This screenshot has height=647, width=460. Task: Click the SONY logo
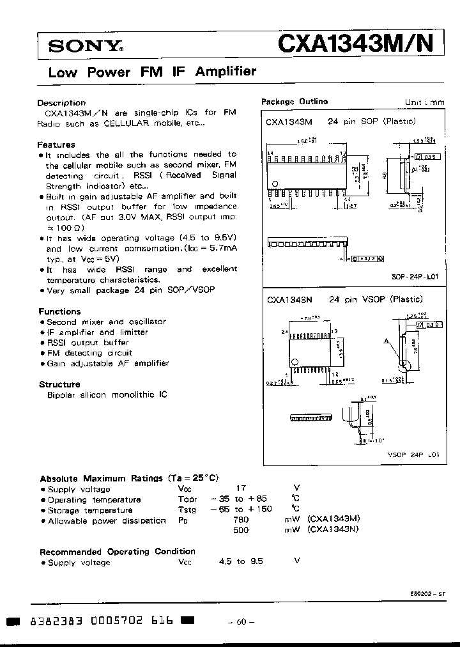click(86, 46)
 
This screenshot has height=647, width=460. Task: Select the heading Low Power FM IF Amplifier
click(152, 72)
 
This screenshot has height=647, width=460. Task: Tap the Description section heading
click(61, 102)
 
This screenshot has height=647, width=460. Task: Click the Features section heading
click(56, 144)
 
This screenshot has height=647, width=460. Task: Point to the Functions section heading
click(60, 311)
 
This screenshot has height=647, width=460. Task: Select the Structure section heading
click(59, 384)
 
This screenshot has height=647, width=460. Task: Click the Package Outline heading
click(295, 102)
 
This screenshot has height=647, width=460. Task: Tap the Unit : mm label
click(424, 102)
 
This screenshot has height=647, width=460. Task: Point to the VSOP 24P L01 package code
click(414, 454)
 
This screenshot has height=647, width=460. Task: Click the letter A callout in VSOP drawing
click(387, 342)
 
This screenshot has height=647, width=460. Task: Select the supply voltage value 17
click(241, 488)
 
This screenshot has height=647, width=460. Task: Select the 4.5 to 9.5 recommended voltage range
click(241, 561)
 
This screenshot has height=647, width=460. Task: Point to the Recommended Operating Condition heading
click(118, 551)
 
